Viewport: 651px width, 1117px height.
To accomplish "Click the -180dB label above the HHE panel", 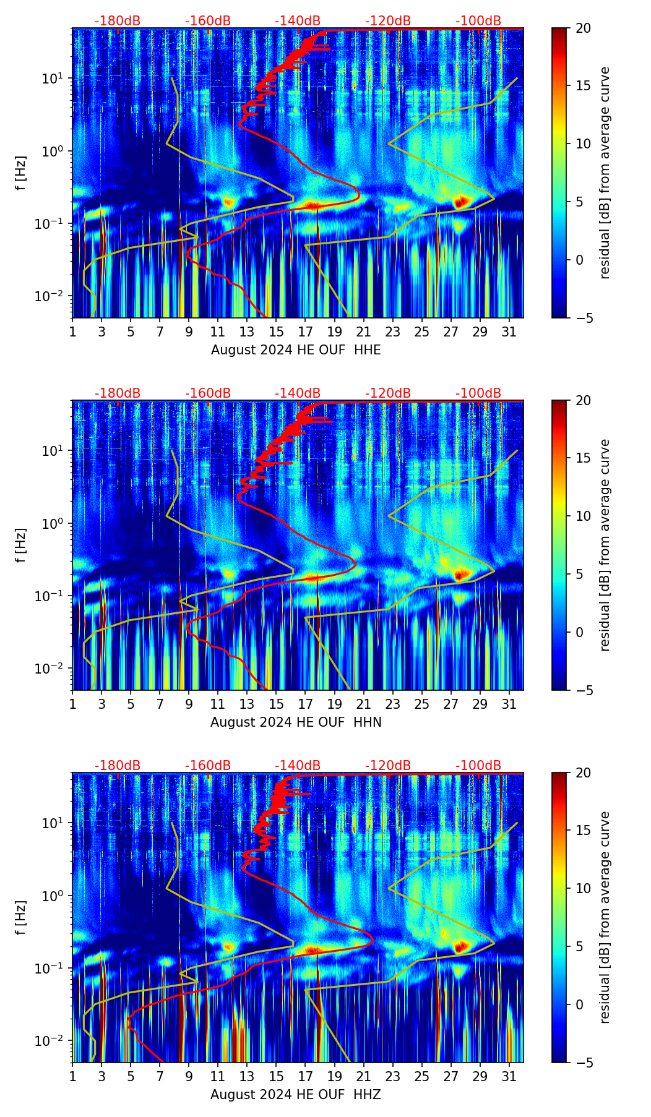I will tap(118, 21).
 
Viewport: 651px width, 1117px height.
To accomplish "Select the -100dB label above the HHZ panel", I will tap(478, 766).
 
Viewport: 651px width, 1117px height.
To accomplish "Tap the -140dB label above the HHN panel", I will tap(298, 393).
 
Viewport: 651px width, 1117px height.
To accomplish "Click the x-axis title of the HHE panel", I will tap(296, 350).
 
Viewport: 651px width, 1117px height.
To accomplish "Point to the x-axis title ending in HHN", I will tap(296, 722).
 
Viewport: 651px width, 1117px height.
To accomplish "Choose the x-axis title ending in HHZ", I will tap(296, 1095).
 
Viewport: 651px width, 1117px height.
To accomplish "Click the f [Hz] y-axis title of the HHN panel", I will tap(21, 545).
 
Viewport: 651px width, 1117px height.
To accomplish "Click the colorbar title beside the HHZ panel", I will tap(605, 917).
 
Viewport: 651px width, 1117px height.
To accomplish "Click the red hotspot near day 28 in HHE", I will tap(460, 202).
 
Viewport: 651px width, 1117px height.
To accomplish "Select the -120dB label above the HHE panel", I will tap(388, 21).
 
